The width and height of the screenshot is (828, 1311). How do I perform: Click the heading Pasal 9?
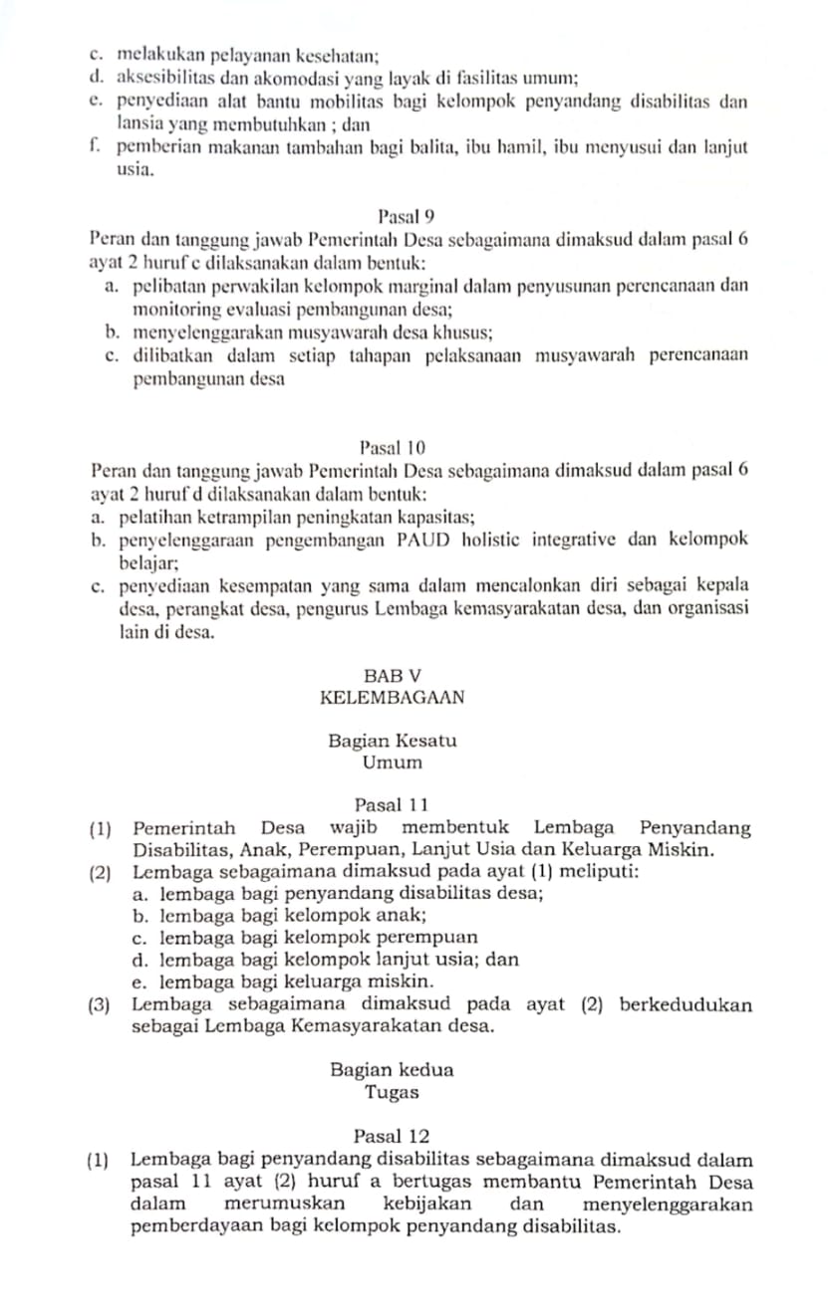408,216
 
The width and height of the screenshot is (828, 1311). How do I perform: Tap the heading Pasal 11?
392,804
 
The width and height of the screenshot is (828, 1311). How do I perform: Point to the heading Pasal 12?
392,1135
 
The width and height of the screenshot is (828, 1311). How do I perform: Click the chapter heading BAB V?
393,676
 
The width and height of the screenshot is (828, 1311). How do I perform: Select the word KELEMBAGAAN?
393,698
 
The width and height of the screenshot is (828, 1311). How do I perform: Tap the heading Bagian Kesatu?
392,742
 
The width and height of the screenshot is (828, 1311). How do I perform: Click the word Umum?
392,764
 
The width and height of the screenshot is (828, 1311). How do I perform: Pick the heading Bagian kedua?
392,1071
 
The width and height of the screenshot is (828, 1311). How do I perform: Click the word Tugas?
392,1092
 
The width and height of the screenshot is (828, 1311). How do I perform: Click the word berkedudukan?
686,1004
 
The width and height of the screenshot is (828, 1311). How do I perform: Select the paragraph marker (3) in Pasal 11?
100,1004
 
